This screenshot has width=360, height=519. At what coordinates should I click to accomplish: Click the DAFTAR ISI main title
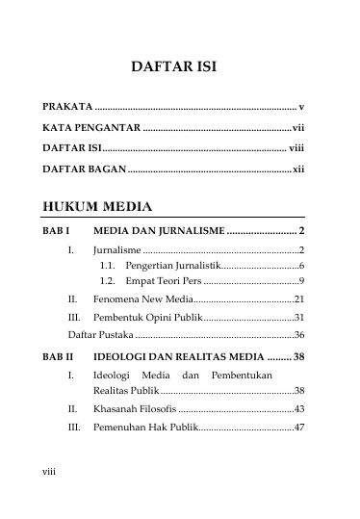pos(179,68)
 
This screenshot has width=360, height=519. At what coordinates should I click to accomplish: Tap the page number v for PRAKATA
pos(301,105)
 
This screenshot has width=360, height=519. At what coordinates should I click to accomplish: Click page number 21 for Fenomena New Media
pos(299,299)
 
